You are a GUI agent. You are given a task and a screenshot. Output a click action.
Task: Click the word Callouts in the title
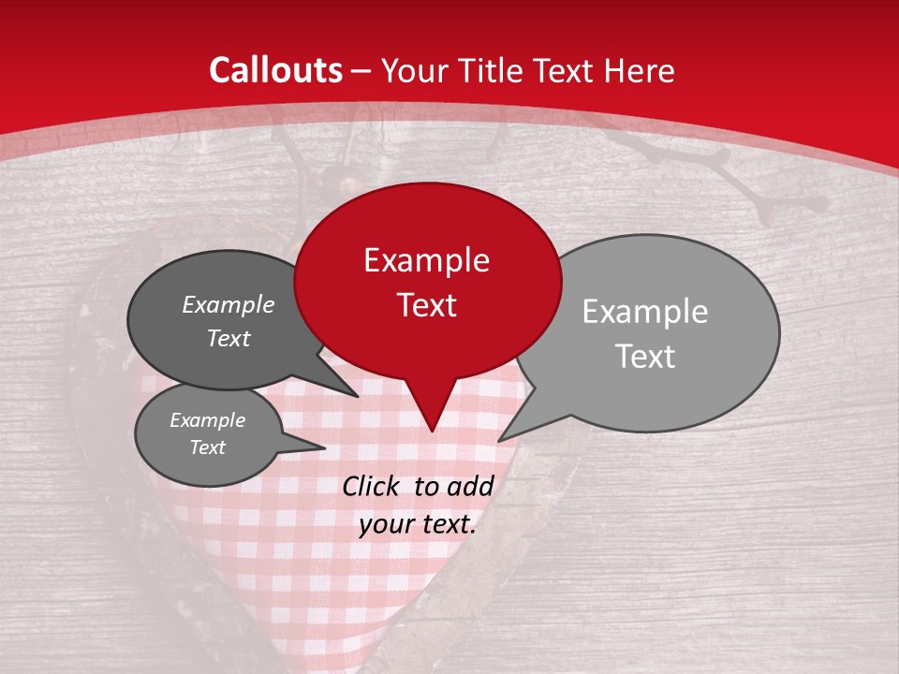(276, 70)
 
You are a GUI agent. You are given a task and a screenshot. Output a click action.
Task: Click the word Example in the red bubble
(426, 260)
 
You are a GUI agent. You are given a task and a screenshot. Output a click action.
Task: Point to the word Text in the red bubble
(426, 305)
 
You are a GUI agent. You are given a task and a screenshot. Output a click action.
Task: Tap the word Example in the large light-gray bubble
(645, 312)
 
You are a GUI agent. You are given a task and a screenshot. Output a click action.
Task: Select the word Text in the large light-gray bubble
(645, 357)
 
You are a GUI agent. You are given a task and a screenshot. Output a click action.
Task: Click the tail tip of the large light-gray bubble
(500, 440)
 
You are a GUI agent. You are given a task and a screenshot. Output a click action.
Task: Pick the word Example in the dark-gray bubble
(228, 304)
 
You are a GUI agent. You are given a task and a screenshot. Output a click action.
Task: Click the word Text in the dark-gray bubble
(228, 338)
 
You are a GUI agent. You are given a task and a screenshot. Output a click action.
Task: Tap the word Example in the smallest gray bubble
(208, 420)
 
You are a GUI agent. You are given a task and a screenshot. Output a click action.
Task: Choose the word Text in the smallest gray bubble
(208, 447)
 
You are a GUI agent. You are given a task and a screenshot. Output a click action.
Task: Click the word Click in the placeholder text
(371, 486)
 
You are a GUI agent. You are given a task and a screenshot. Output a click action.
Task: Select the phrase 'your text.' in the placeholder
(418, 525)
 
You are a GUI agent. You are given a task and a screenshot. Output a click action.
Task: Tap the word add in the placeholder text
(470, 486)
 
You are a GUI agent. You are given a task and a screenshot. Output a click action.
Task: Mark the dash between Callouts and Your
(362, 70)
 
